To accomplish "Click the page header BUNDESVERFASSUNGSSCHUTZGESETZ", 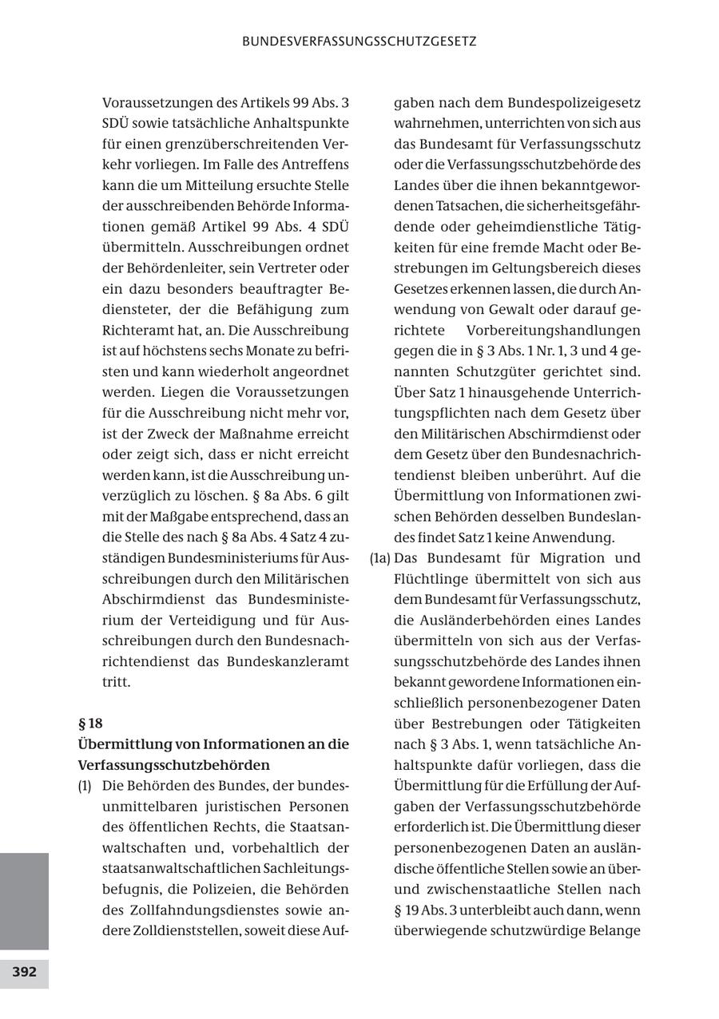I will pyautogui.click(x=359, y=41).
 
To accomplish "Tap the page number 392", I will pyautogui.click(x=24, y=972).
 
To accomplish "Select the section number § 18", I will pyautogui.click(x=90, y=724).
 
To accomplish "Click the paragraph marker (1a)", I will pyautogui.click(x=380, y=558).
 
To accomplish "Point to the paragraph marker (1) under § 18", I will pyautogui.click(x=85, y=786).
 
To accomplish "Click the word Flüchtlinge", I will pyautogui.click(x=432, y=579).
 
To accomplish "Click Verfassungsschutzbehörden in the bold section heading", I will pyautogui.click(x=173, y=765).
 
